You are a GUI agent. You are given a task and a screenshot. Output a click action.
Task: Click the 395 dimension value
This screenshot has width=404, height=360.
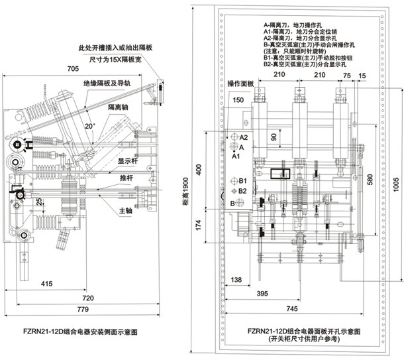click(262, 293)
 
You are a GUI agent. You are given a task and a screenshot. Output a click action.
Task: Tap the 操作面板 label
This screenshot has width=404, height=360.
click(241, 84)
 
